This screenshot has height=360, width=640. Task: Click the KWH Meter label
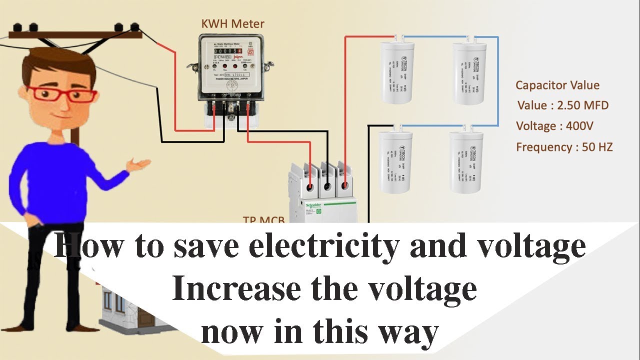tap(232, 23)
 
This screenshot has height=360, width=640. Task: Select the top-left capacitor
tap(397, 72)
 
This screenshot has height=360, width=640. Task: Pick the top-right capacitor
tap(468, 73)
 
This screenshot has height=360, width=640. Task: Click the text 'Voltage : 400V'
tap(555, 126)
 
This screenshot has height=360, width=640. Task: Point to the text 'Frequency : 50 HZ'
tap(564, 147)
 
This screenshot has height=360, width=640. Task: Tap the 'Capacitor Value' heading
tap(557, 85)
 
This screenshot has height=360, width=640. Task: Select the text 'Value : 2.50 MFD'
tap(563, 105)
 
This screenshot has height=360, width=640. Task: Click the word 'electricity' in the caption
tap(325, 246)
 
